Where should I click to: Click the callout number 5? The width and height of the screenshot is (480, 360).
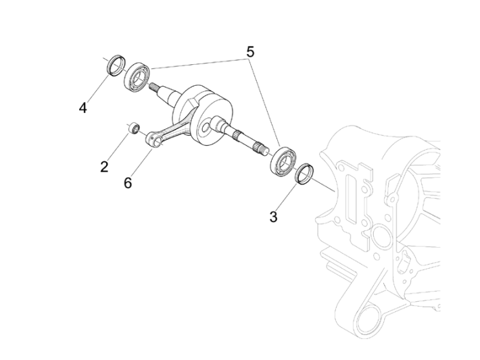click(250, 51)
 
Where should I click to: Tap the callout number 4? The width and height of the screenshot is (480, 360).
click(82, 107)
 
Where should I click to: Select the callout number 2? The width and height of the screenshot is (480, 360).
click(104, 166)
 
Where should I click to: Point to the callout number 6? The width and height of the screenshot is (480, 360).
click(128, 183)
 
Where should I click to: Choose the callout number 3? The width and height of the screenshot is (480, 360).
click(273, 217)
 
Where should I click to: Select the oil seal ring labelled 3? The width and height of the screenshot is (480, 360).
click(306, 174)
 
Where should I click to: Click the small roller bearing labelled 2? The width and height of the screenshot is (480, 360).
click(134, 128)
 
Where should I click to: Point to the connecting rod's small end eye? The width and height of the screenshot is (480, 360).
click(153, 140)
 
